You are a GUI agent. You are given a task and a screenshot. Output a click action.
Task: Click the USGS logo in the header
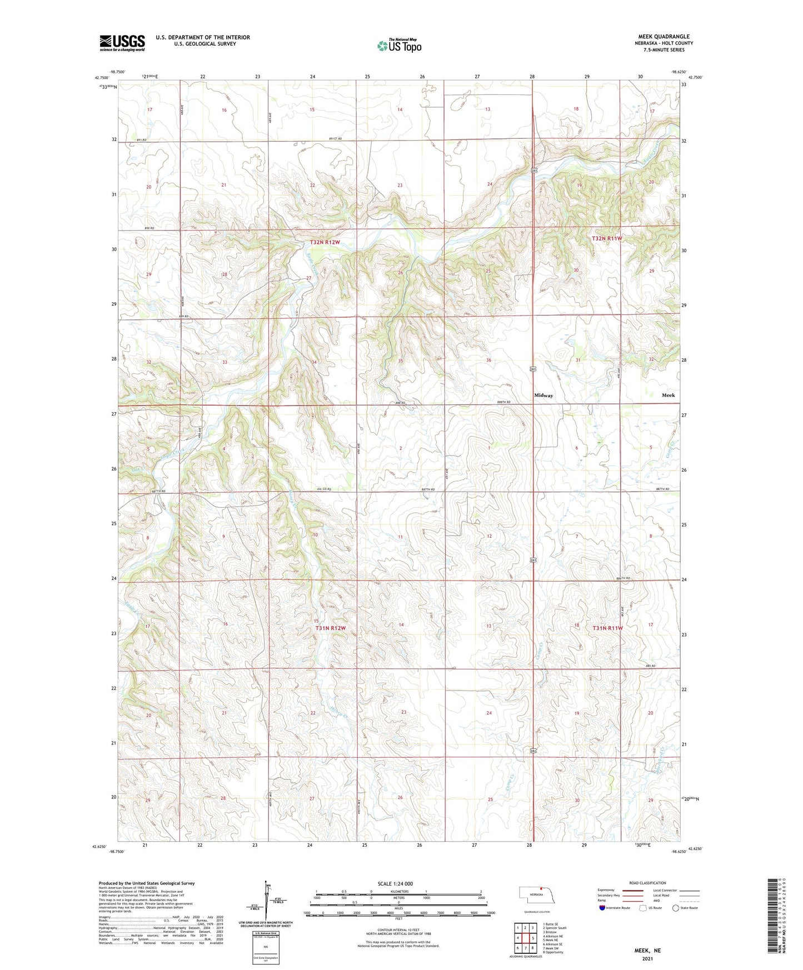click(122, 43)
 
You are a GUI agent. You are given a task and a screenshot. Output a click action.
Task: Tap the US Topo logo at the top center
click(399, 46)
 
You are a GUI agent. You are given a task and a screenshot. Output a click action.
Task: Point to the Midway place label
click(543, 396)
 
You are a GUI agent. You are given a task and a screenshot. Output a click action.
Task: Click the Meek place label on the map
click(668, 395)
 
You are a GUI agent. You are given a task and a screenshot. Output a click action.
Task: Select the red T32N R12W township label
click(325, 242)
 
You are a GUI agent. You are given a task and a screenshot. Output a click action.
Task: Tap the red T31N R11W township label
click(607, 628)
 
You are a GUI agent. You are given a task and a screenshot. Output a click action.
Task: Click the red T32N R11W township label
click(607, 238)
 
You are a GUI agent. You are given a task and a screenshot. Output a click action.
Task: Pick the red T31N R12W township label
click(331, 628)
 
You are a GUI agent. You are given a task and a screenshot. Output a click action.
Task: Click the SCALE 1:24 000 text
click(395, 884)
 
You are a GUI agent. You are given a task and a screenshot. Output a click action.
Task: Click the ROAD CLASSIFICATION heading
click(647, 883)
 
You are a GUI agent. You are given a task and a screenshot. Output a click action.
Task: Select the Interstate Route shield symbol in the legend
click(602, 908)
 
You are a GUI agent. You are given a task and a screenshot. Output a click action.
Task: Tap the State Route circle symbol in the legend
click(676, 908)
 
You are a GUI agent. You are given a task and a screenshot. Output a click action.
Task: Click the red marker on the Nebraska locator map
click(541, 888)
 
